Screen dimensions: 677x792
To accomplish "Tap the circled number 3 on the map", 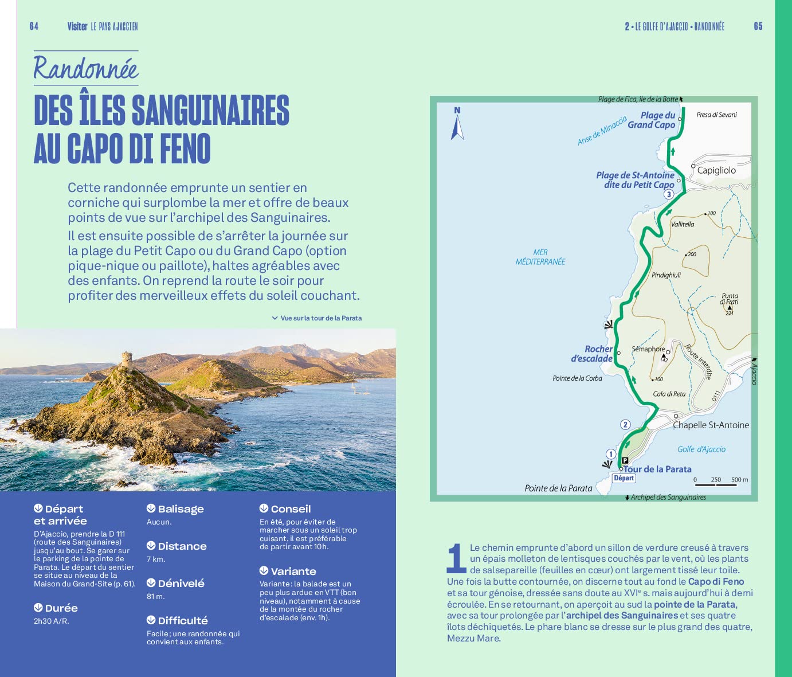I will tap(668, 194).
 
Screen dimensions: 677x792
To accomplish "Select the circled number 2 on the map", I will tap(625, 425).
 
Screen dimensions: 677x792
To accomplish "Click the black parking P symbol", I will tap(625, 460).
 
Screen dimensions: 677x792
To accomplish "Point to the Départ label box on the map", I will tap(624, 478).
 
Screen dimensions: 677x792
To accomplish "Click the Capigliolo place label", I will tap(716, 170).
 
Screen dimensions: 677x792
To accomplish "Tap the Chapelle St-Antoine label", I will tap(711, 425).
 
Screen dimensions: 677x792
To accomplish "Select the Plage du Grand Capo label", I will tap(652, 120).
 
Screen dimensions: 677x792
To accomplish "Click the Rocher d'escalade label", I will tap(592, 354).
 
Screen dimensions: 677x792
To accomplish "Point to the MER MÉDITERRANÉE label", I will tap(540, 257).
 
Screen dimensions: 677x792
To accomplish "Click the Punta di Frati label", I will tap(730, 299).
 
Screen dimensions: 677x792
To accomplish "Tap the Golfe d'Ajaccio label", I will tap(701, 449).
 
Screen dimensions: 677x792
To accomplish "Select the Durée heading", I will tap(61, 608).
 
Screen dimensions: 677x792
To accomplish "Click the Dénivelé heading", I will tap(181, 584).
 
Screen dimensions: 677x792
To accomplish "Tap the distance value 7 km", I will tap(156, 559).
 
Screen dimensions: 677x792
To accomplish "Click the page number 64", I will tap(34, 26).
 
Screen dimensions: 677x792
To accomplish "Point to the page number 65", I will tap(758, 26).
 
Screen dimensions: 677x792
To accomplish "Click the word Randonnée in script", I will tap(86, 68).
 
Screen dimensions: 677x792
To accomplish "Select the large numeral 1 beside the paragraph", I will tap(456, 558).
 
